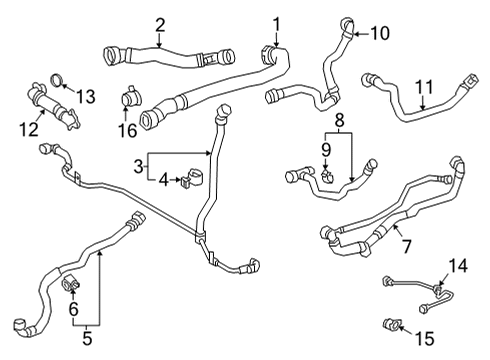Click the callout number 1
(x=277, y=22)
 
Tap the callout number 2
(x=160, y=24)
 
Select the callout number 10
(x=380, y=33)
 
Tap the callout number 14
(x=459, y=265)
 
